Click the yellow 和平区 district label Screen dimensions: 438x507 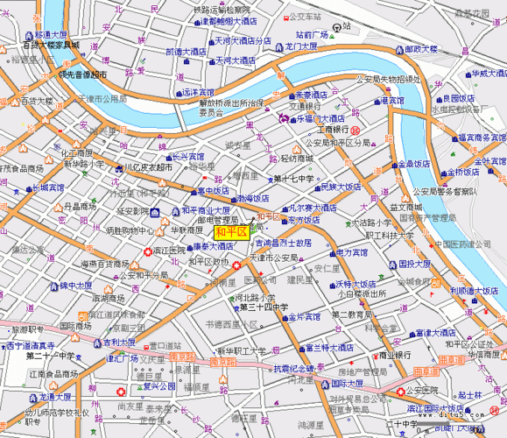pyautogui.click(x=230, y=231)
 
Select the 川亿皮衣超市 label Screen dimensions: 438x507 pyautogui.click(x=147, y=166)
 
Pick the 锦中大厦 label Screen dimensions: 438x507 pyautogui.click(x=69, y=286)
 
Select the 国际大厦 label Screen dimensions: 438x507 pyautogui.click(x=351, y=383)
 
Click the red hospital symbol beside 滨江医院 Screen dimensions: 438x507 pyautogui.click(x=147, y=251)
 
